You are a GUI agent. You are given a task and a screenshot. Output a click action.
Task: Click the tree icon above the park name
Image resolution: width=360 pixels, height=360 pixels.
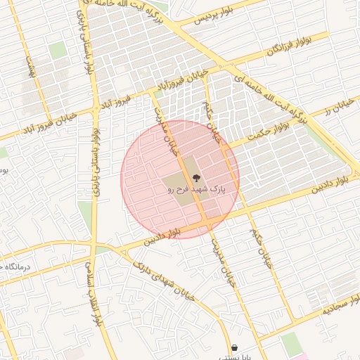(x=195, y=179)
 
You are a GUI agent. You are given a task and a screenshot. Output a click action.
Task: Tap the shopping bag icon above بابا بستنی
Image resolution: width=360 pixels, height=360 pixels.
(x=234, y=347)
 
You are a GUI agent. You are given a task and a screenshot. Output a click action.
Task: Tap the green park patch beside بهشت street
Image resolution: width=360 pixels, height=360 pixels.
(x=57, y=51)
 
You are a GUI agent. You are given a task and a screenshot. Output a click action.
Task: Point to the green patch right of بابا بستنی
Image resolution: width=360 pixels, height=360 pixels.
(x=290, y=343)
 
